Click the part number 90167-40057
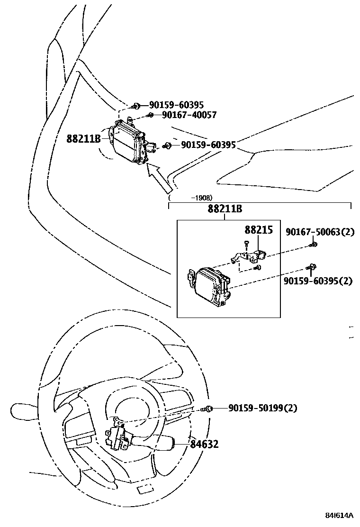189,115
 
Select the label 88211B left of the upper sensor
83,139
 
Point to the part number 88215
259,230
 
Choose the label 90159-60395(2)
318,281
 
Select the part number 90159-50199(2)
263,408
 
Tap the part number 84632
205,444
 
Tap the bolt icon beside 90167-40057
150,115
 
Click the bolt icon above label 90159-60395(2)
312,268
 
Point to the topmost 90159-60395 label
176,106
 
